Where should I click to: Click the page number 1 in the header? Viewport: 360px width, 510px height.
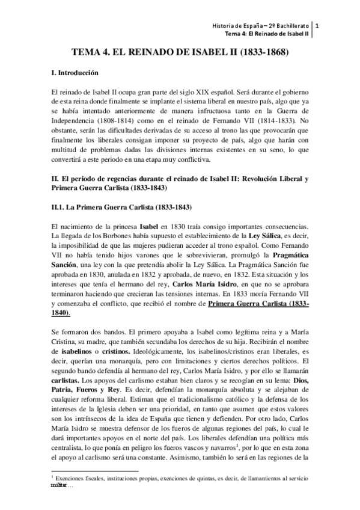click(318, 26)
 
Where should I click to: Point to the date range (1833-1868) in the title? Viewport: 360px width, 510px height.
click(265, 53)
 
